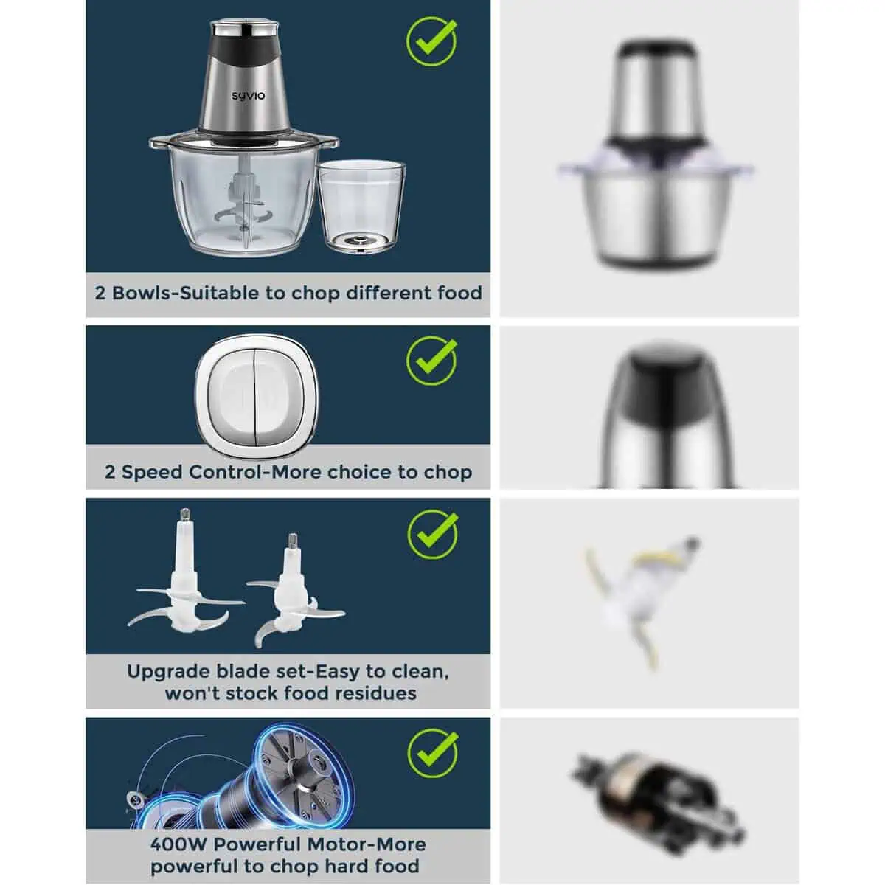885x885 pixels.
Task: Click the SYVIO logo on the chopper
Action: [248, 96]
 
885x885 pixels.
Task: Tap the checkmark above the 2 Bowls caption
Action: [431, 41]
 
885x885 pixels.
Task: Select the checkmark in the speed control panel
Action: [431, 361]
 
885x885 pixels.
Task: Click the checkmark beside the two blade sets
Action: [433, 534]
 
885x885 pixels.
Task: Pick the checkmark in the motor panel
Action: [433, 753]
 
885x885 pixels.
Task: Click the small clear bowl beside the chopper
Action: [362, 206]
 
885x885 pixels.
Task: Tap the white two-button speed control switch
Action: [256, 397]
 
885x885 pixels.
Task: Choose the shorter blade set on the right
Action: [295, 591]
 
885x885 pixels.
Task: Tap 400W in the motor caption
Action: [178, 844]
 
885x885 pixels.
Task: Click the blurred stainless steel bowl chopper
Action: [656, 154]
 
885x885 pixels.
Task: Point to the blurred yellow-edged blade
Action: [643, 602]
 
